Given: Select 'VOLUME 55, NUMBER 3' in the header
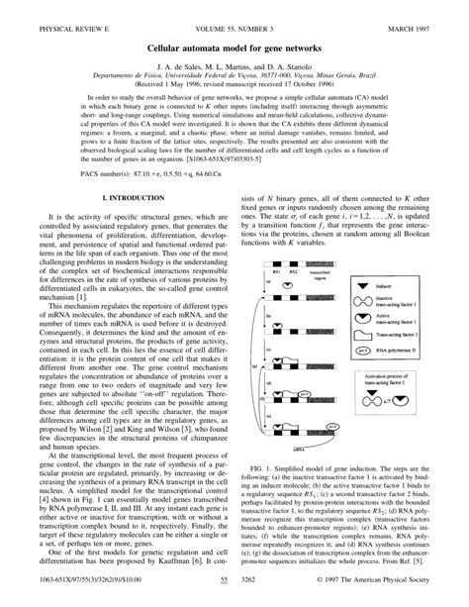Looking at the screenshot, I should [234, 13].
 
